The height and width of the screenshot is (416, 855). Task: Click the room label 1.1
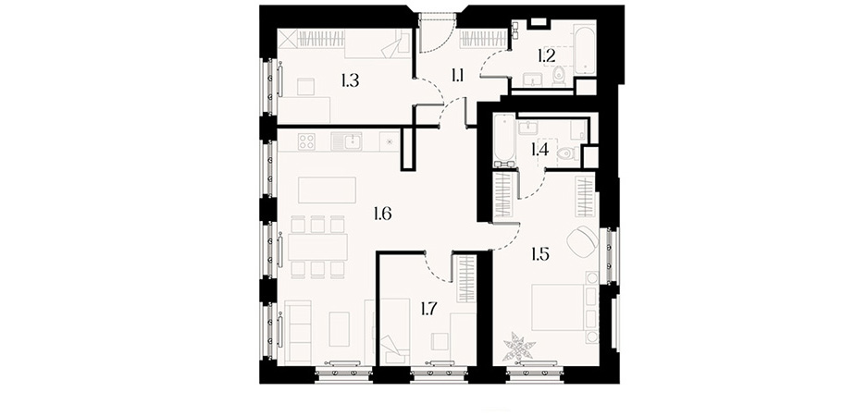[457, 75]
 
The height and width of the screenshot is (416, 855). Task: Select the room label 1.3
[350, 81]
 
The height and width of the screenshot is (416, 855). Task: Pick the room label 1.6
[383, 214]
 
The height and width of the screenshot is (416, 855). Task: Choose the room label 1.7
[428, 310]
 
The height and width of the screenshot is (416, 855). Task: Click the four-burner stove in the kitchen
[306, 141]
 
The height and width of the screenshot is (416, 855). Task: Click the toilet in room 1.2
[559, 76]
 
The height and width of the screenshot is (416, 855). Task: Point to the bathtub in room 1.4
[504, 141]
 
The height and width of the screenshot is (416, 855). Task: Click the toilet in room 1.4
[569, 153]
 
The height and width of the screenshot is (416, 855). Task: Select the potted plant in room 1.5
[519, 348]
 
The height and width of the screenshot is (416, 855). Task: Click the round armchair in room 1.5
[582, 240]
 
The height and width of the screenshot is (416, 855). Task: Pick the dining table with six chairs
[317, 248]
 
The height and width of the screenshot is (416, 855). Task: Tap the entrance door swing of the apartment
[438, 32]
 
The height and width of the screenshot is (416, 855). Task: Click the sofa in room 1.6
[298, 333]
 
